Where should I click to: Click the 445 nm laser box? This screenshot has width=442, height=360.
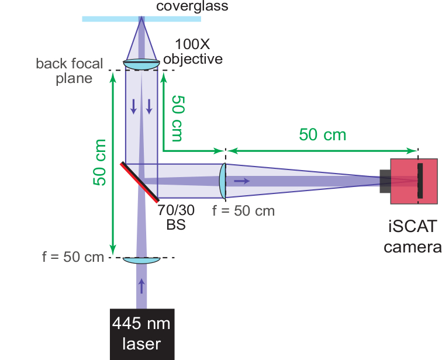[x=142, y=334]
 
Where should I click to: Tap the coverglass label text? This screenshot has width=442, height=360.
[x=192, y=6]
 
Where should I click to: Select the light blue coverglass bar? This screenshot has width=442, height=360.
[x=141, y=19]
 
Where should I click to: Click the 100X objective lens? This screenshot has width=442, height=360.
[x=141, y=64]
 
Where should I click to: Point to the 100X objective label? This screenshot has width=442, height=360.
[x=193, y=51]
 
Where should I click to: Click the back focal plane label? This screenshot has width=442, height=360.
[x=70, y=71]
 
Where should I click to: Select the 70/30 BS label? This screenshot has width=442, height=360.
[x=176, y=217]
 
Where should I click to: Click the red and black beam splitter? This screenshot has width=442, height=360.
[x=140, y=182]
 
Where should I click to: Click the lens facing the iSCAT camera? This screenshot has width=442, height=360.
[x=223, y=181]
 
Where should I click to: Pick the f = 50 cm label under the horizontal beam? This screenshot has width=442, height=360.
[x=243, y=211]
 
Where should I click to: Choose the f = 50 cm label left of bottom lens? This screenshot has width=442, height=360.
[x=73, y=257]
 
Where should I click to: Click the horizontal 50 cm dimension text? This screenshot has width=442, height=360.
[x=323, y=134]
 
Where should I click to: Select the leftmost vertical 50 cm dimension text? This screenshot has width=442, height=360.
[x=100, y=162]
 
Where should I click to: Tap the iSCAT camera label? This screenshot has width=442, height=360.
[x=413, y=237]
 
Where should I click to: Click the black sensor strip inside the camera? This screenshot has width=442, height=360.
[x=420, y=181]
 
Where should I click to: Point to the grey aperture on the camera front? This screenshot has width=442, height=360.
[x=385, y=181]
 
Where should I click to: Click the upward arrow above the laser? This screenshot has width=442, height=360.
[x=141, y=286]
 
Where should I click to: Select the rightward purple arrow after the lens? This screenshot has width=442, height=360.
[x=242, y=181]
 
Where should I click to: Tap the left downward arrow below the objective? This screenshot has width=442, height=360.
[x=134, y=106]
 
